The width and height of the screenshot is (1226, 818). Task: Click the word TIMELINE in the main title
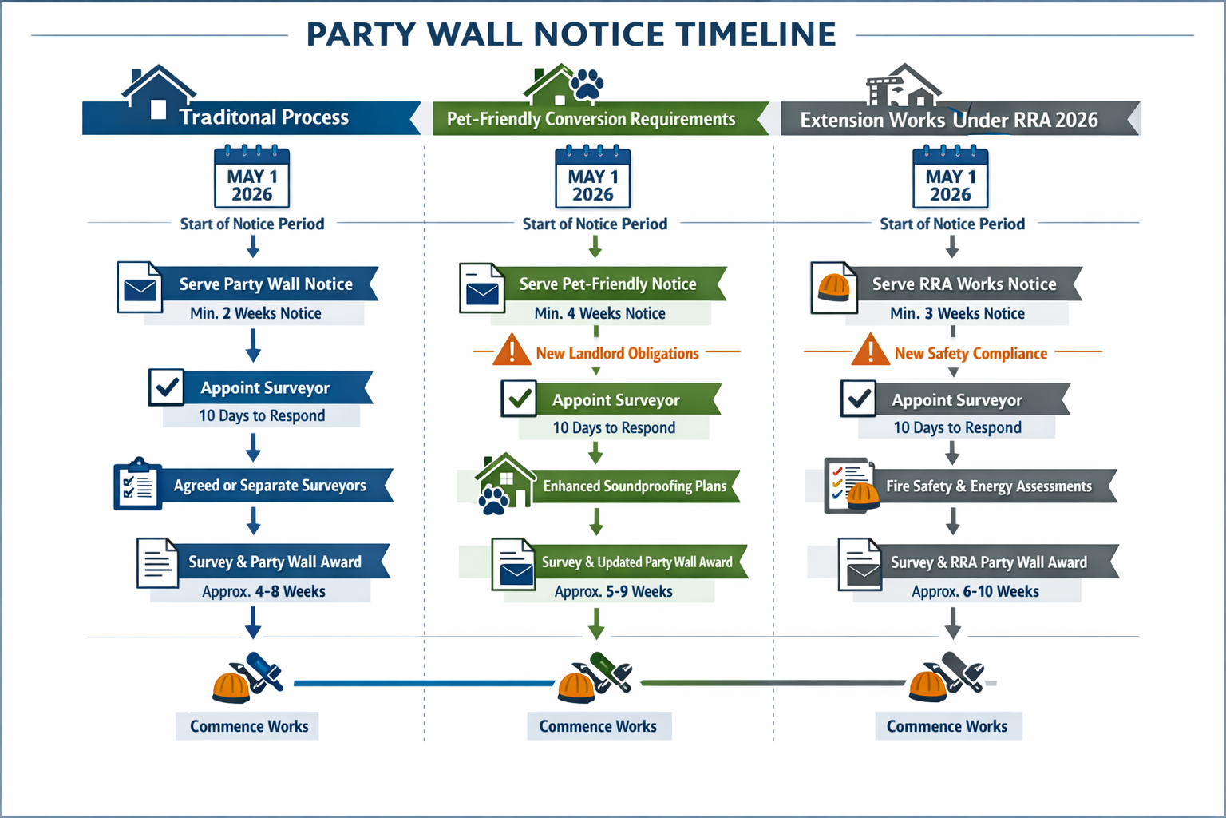755,34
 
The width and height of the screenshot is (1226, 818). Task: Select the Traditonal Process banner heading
263,117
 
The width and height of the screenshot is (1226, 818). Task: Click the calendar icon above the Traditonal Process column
252,178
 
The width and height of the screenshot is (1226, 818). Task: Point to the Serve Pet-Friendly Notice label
607,284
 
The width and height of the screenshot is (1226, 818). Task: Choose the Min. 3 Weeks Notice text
957,313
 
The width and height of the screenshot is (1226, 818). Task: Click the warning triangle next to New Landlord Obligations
512,351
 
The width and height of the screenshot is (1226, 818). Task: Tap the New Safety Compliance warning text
971,353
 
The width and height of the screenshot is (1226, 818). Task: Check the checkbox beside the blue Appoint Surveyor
167,387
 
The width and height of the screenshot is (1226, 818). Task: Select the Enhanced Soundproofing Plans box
635,486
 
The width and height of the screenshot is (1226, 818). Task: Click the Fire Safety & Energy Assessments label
988,486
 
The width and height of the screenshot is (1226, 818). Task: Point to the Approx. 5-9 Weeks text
613,592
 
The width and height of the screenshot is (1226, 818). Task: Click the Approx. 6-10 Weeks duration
975,592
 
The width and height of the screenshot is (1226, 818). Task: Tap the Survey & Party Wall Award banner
275,562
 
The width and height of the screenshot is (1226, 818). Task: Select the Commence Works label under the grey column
947,726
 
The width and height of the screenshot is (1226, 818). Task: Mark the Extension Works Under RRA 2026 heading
949,120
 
